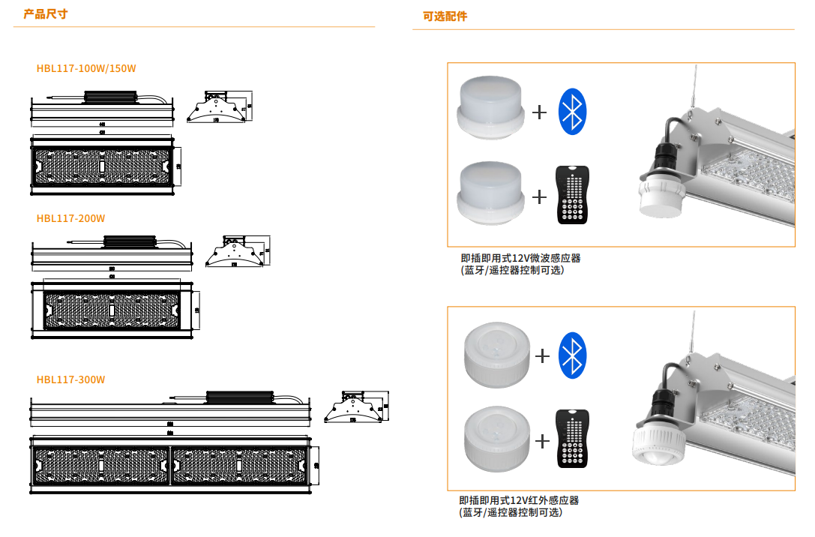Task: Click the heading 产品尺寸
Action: [x=45, y=14]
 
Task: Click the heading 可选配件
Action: [x=445, y=16]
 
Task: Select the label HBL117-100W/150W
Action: [x=86, y=68]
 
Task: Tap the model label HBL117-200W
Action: [x=70, y=218]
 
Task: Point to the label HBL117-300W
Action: [x=70, y=379]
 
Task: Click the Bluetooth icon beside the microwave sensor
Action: [x=574, y=112]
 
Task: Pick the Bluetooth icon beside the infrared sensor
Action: [x=574, y=355]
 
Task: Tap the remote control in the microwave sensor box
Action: [x=573, y=195]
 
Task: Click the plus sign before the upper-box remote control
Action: [x=539, y=196]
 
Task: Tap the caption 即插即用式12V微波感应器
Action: [x=520, y=258]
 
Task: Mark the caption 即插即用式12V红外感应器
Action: [x=519, y=500]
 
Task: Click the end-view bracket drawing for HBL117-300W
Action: [x=358, y=406]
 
